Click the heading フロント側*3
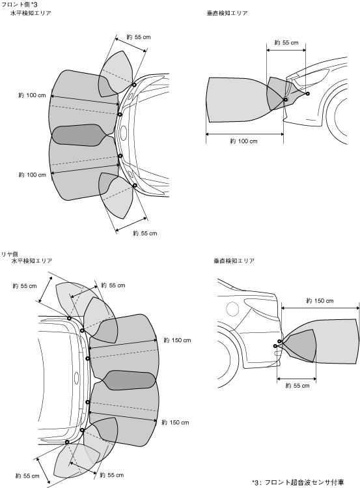20,5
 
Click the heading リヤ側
10,254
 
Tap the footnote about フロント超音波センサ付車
298,482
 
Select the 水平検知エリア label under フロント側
31,13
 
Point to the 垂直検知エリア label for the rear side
234,261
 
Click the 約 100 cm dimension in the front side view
243,141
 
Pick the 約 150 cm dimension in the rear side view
320,301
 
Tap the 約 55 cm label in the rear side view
298,386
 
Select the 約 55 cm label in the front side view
286,42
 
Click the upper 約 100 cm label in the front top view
32,95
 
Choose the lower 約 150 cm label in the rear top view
175,423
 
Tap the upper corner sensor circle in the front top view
134,85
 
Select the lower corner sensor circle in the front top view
135,186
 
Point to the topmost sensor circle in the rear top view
69,318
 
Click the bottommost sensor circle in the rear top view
67,442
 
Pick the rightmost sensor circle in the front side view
307,94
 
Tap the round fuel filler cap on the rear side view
232,308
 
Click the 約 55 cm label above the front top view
139,37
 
